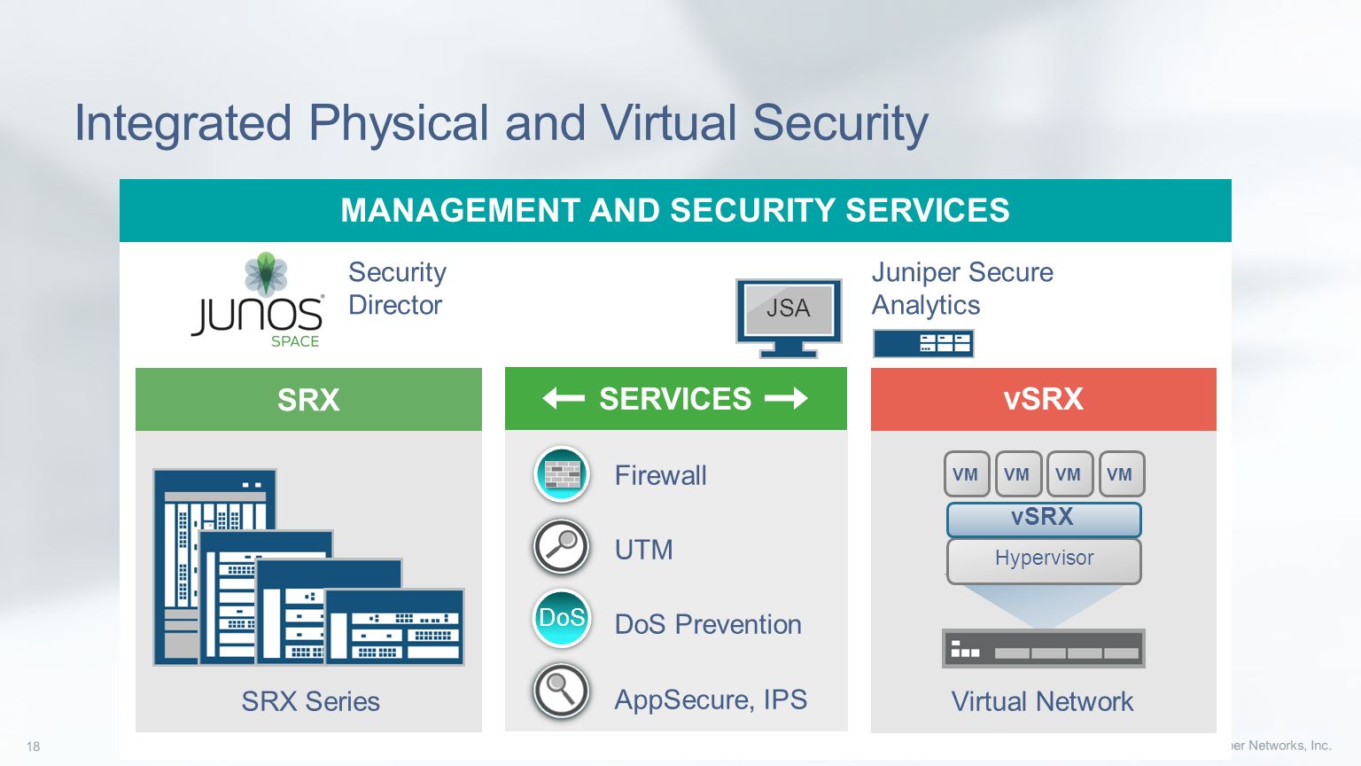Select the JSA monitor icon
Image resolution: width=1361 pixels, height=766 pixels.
point(788,316)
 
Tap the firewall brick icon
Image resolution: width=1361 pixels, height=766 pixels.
point(562,474)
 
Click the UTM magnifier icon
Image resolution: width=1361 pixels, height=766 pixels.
point(562,547)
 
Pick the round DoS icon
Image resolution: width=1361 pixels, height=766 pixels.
point(562,618)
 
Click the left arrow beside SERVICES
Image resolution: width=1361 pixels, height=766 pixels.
point(564,398)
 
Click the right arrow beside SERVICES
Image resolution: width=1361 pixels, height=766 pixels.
point(786,398)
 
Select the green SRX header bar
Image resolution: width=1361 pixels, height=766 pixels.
point(308,399)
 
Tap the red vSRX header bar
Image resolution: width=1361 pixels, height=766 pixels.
point(1043,399)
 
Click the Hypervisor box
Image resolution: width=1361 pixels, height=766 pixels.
point(1044,559)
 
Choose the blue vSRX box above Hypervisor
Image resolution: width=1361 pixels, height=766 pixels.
point(1043,519)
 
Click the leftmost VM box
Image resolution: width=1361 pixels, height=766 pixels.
point(966,474)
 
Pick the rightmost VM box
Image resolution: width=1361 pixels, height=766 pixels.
point(1121,474)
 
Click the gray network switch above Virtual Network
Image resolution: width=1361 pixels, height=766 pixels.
point(1043,649)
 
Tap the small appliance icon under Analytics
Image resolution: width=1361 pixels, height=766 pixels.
point(923,343)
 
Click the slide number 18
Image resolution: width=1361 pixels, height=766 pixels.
point(34,746)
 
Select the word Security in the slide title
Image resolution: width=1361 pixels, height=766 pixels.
point(840,123)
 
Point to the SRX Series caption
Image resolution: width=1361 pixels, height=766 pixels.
point(310,701)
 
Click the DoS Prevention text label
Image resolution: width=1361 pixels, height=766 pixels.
point(707,624)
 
